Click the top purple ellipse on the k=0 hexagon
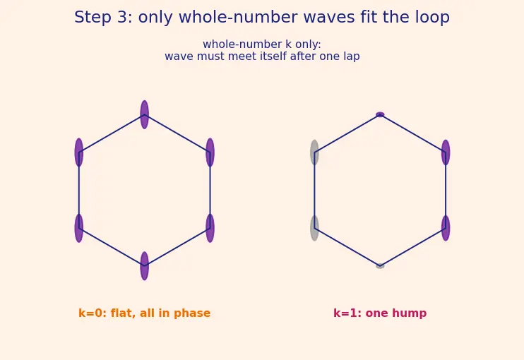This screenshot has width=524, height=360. coord(144,114)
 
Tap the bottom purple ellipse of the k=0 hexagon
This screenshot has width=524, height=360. coord(144,266)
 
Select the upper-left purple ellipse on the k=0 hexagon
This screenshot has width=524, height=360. coord(79,152)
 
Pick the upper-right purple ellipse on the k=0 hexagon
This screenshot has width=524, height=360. coord(210,152)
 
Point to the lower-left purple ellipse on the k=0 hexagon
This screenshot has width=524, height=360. coord(79,228)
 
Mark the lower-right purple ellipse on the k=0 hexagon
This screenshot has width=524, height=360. coord(210,228)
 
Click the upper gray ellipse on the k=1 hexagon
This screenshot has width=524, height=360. coord(314,152)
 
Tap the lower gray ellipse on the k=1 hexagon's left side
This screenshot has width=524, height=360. coord(314,228)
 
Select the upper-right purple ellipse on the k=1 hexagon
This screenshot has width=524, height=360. coord(446,152)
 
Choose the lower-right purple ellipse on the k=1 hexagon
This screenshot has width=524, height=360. coord(446,228)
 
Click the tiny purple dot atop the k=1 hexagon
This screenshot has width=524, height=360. coord(380,114)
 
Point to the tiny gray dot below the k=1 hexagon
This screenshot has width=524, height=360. coord(380,266)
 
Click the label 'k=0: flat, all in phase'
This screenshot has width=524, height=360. coord(144,313)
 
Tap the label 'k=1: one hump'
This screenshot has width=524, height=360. coord(380,313)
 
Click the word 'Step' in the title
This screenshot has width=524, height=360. coord(93,18)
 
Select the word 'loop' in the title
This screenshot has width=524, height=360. coord(432,18)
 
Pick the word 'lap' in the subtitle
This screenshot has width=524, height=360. coord(352,56)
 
